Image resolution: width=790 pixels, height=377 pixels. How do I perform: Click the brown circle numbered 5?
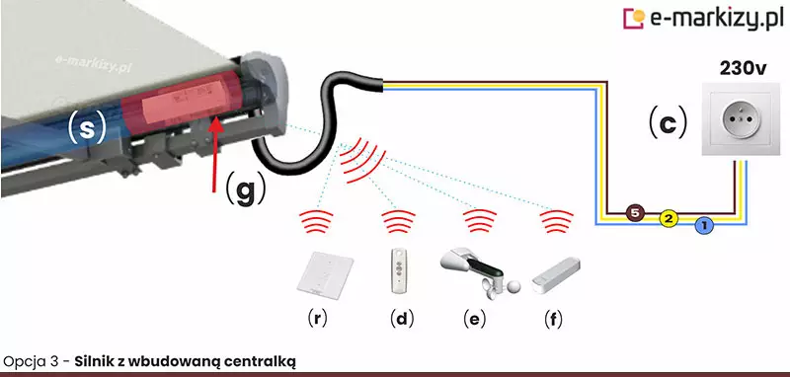(635, 213)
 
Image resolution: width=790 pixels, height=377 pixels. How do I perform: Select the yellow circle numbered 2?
(669, 219)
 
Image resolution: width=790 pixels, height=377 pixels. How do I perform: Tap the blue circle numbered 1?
(704, 226)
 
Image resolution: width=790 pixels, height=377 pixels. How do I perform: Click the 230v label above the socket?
(744, 68)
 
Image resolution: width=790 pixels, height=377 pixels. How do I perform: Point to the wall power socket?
(736, 119)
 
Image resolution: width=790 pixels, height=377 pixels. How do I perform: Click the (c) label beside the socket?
(668, 122)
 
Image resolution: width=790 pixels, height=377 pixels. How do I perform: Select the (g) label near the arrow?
(245, 188)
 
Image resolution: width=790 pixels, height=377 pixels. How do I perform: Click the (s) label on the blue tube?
(87, 129)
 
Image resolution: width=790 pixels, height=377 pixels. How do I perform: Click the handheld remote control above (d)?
(401, 271)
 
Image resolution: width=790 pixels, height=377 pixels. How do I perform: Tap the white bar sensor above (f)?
(556, 274)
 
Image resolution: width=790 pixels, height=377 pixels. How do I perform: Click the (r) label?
(316, 319)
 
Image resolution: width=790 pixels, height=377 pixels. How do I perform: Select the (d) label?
(402, 319)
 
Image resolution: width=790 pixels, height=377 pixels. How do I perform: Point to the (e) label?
(475, 319)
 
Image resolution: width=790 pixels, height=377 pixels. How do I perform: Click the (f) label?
(553, 319)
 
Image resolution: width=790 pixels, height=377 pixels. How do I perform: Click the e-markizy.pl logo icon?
(634, 18)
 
